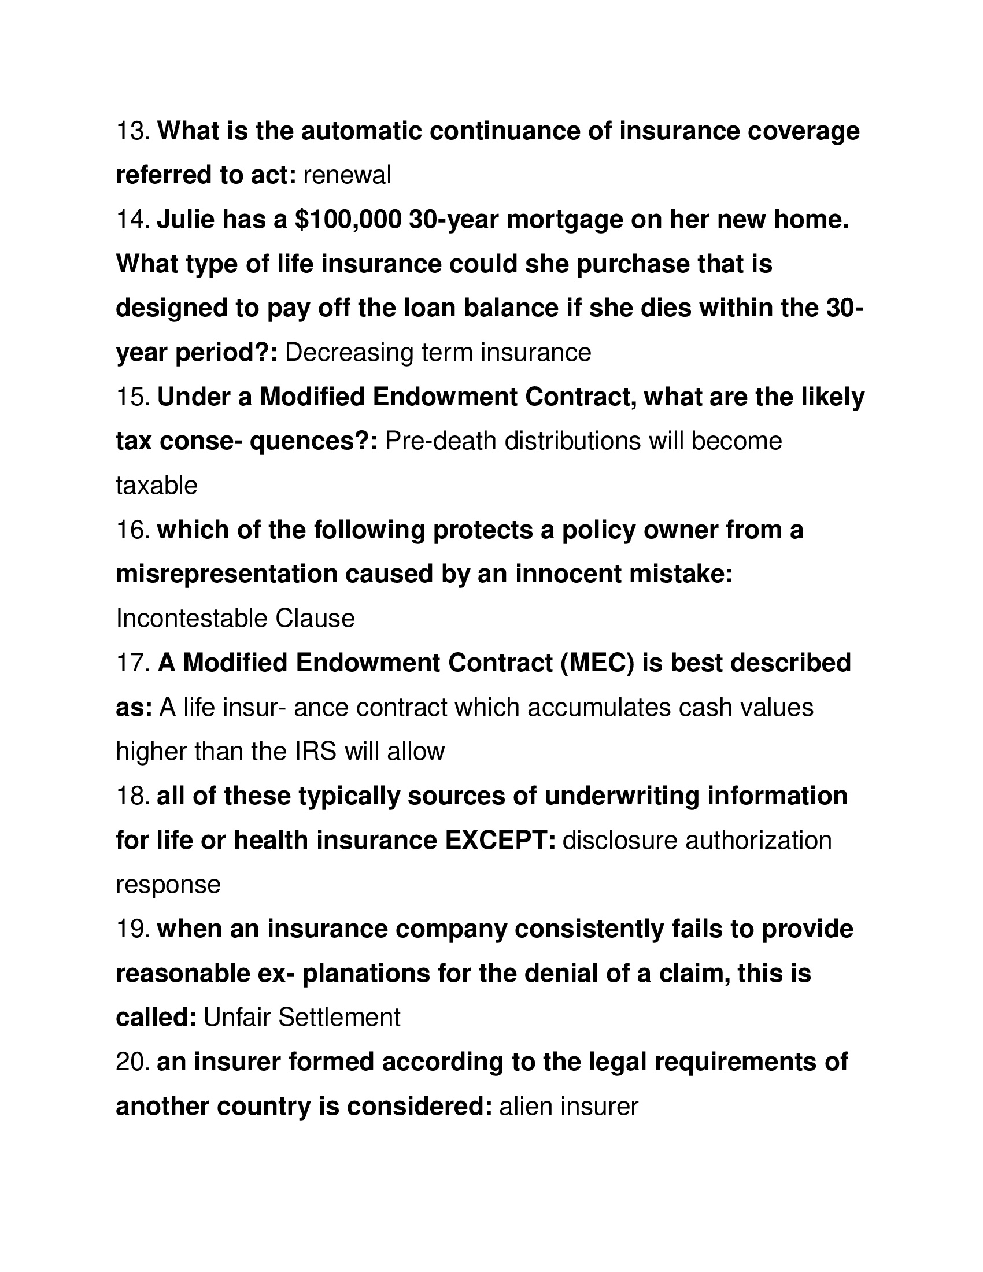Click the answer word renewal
347,175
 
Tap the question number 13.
134,131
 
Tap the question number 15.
134,397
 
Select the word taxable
157,486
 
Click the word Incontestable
191,619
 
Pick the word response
168,885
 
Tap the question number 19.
134,929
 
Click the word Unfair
237,1018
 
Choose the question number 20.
134,1062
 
